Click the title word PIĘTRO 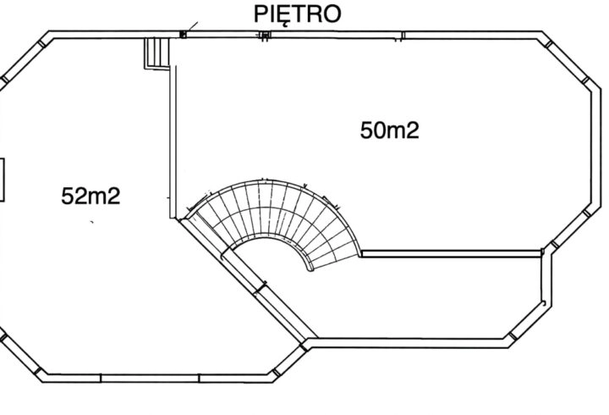pyautogui.click(x=297, y=14)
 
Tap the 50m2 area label pyautogui.click(x=390, y=130)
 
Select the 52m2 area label pyautogui.click(x=91, y=196)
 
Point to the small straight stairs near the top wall pyautogui.click(x=157, y=53)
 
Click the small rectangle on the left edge pyautogui.click(x=2, y=180)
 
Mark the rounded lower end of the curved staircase pyautogui.click(x=310, y=268)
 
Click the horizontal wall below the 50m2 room pyautogui.click(x=452, y=253)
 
